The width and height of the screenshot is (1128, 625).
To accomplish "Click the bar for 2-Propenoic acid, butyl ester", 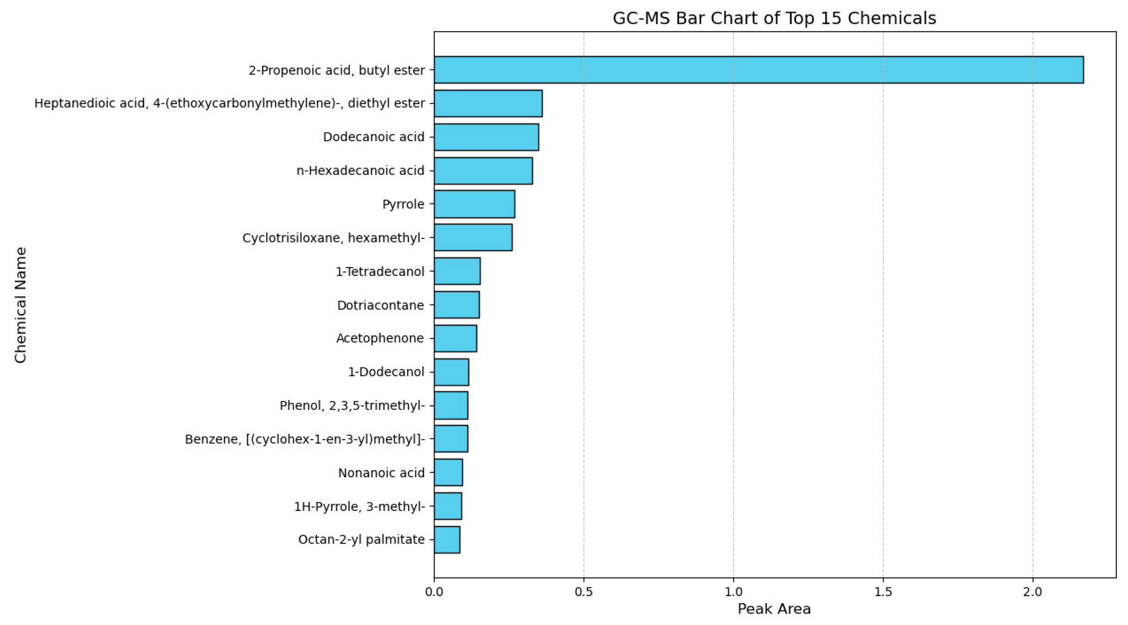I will tap(758, 70).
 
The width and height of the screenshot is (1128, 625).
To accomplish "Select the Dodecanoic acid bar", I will tap(486, 137).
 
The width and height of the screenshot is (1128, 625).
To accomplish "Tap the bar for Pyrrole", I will tap(474, 204).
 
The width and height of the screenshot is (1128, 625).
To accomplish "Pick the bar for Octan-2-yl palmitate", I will tap(447, 540).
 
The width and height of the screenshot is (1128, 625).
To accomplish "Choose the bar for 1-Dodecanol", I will tap(451, 372).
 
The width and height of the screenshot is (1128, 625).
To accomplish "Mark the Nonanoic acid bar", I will tap(448, 472).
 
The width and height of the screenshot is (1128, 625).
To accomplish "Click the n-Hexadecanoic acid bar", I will tap(483, 171).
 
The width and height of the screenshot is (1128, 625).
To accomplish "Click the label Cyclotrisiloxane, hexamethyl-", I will tap(333, 238).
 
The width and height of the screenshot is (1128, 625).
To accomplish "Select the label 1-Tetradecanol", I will tap(379, 271).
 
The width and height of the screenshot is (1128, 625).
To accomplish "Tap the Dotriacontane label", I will tap(380, 305).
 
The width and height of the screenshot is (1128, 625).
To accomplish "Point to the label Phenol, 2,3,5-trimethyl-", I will tap(352, 405).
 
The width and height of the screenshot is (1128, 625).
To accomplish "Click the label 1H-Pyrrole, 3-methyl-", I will tap(359, 506).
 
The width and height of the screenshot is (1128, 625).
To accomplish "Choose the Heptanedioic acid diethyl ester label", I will tap(229, 103).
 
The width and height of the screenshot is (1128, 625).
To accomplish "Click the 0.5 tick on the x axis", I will tap(584, 592).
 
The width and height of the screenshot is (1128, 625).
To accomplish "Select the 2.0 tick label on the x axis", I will tap(1032, 592).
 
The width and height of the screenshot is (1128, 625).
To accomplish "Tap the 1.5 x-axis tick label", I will tap(883, 592).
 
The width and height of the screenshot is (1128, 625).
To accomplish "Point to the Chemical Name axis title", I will tap(21, 305).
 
